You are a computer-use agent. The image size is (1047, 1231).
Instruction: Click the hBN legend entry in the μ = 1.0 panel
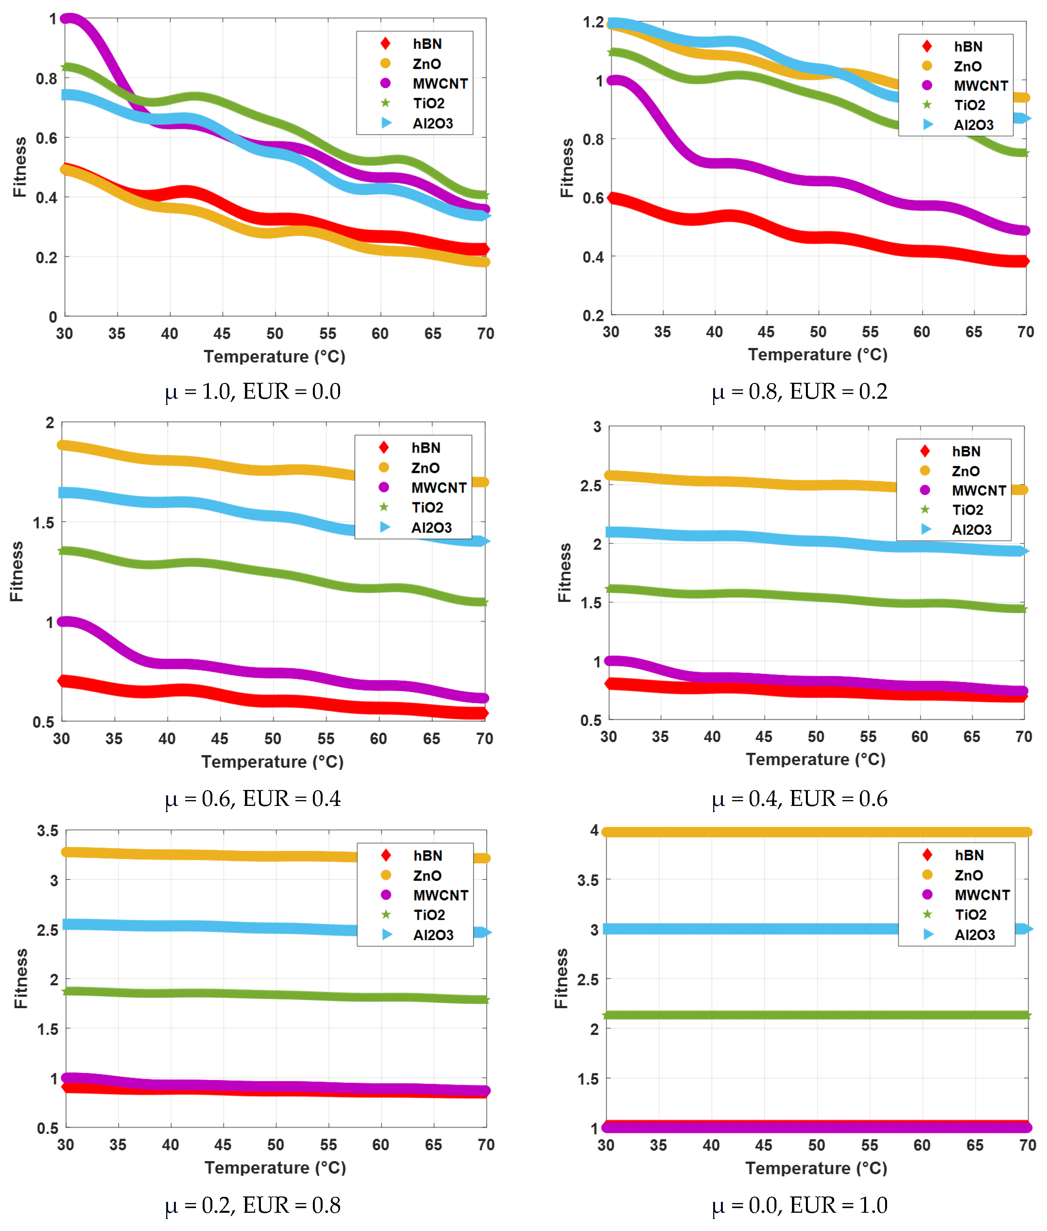(427, 44)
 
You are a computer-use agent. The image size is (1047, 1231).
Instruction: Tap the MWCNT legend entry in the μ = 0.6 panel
(438, 487)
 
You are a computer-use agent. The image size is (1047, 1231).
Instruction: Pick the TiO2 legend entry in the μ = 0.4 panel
(967, 510)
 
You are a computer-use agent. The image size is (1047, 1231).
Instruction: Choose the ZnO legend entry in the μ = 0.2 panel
(427, 875)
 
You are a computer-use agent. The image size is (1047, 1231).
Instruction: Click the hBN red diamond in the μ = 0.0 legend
(927, 855)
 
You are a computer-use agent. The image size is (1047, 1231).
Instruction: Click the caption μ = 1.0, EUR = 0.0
(253, 392)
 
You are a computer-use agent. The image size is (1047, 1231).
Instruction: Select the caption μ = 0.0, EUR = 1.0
(799, 1205)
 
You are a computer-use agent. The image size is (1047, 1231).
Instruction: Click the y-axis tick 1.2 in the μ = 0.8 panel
(593, 23)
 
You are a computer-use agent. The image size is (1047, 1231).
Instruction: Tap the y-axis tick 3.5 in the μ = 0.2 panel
(47, 830)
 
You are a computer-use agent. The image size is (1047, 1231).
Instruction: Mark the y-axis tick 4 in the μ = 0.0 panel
(594, 830)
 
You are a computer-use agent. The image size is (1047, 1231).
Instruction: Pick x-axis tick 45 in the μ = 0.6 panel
(220, 738)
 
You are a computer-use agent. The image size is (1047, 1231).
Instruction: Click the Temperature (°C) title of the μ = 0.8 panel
(817, 355)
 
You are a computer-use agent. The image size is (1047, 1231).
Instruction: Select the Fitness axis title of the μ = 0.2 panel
(21, 978)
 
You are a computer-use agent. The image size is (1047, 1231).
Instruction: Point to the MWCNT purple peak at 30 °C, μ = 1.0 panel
(70, 19)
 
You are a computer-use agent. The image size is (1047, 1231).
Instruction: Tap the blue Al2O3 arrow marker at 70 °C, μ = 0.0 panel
(1028, 929)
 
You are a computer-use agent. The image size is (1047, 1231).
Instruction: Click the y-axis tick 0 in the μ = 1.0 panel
(53, 316)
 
